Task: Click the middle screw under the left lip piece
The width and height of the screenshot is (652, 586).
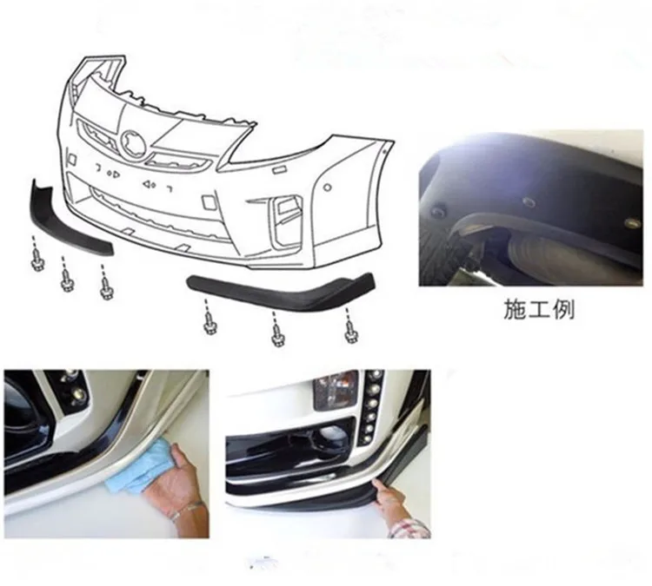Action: [68, 279]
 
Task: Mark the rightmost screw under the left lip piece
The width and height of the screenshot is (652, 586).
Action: [106, 286]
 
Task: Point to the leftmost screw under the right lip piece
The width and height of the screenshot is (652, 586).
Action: [210, 324]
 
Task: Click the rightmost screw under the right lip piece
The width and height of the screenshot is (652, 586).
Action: [351, 329]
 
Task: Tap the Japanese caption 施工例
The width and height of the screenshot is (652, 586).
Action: [539, 309]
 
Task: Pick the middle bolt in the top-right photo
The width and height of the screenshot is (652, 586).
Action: [529, 201]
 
